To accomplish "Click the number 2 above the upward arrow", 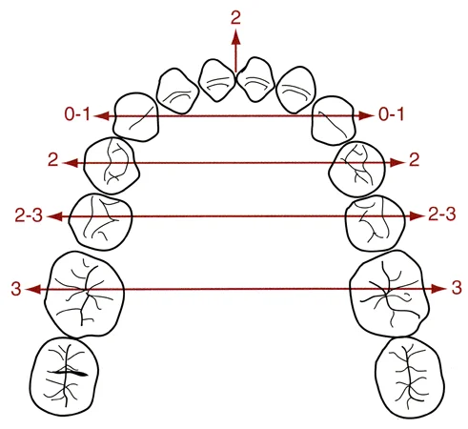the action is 235,18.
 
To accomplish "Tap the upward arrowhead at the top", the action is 235,37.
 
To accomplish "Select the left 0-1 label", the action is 77,114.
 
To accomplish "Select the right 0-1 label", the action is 391,114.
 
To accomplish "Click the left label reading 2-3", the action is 29,215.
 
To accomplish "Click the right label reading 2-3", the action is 442,214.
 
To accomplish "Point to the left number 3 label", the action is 16,289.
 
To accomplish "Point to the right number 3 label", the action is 457,288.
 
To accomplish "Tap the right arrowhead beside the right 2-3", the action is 417,216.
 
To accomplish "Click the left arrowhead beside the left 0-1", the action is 102,116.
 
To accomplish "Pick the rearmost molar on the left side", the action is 64,377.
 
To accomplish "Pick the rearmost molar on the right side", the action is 410,378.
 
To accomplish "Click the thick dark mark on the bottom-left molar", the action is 70,373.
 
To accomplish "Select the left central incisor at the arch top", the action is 217,80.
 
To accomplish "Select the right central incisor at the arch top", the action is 255,79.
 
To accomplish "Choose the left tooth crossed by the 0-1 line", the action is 136,116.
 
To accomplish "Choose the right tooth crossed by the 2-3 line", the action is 376,223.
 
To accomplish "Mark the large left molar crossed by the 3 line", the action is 84,295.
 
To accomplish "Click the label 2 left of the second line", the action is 53,160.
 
